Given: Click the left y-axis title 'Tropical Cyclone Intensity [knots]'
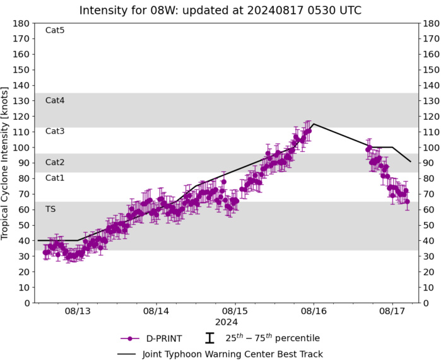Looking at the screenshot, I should pyautogui.click(x=6, y=163).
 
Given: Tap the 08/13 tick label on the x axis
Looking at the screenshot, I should pyautogui.click(x=78, y=311).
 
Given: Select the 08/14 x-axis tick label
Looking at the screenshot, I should pyautogui.click(x=156, y=311).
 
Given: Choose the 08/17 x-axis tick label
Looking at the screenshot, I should pyautogui.click(x=392, y=311).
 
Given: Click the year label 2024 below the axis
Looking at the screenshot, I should pyautogui.click(x=226, y=322).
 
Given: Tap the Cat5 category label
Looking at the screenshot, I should pyautogui.click(x=55, y=30).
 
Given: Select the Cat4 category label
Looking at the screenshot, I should pyautogui.click(x=55, y=100).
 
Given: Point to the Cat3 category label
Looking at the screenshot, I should pyautogui.click(x=55, y=131).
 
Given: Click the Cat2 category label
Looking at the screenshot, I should pyautogui.click(x=55, y=162).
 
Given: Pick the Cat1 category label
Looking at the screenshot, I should pyautogui.click(x=55, y=178).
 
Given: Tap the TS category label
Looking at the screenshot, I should pyautogui.click(x=50, y=209).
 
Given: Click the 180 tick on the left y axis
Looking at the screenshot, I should pyautogui.click(x=23, y=23).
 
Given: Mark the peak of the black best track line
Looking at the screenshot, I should pyautogui.click(x=314, y=124).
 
